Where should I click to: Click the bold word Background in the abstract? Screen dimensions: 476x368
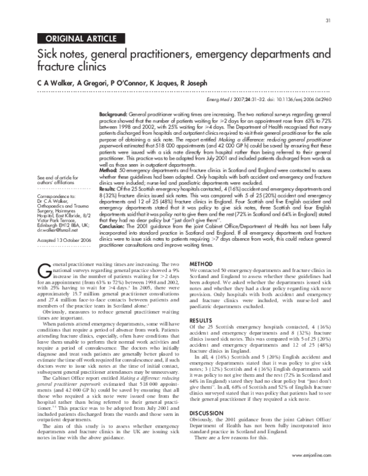click(113, 115)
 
